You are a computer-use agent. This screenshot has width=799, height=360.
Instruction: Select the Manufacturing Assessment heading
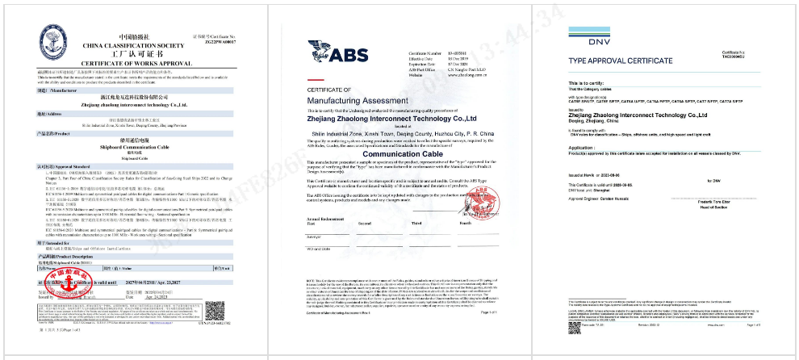[352, 98]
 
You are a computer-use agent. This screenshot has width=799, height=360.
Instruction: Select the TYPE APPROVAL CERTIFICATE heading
[622, 61]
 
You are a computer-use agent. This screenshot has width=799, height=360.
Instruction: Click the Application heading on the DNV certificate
[583, 147]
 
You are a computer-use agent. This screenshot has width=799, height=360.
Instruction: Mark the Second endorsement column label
[365, 222]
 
